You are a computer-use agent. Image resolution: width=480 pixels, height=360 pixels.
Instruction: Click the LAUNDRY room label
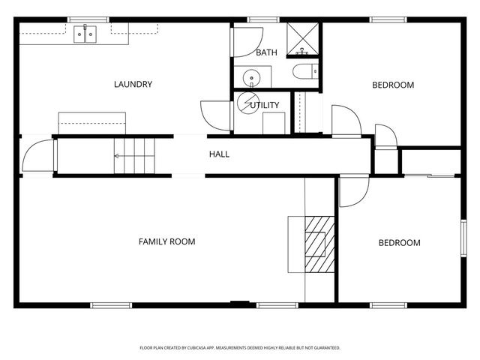pyautogui.click(x=133, y=84)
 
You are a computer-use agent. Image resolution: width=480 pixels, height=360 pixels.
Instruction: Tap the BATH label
pyautogui.click(x=266, y=52)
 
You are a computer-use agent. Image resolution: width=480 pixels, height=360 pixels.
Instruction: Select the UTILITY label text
pyautogui.click(x=265, y=105)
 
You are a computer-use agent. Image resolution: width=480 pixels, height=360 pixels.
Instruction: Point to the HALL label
pyautogui.click(x=219, y=154)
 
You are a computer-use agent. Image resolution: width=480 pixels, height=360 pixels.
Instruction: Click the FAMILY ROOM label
pyautogui.click(x=166, y=241)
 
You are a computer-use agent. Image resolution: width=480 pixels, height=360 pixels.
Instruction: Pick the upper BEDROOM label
pyautogui.click(x=393, y=85)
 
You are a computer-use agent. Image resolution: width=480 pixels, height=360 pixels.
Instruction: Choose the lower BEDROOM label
pyautogui.click(x=399, y=243)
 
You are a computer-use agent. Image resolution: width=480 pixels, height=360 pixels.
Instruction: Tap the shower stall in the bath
pyautogui.click(x=304, y=37)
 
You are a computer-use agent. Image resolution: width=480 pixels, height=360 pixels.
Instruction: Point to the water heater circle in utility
pyautogui.click(x=247, y=104)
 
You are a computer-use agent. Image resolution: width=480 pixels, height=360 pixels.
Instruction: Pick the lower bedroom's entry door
pyautogui.click(x=351, y=192)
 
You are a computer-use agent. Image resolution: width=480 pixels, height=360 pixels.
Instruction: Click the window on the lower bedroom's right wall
pyautogui.click(x=463, y=241)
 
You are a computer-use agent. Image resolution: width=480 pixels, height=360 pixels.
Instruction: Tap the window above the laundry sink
pyautogui.click(x=88, y=19)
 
